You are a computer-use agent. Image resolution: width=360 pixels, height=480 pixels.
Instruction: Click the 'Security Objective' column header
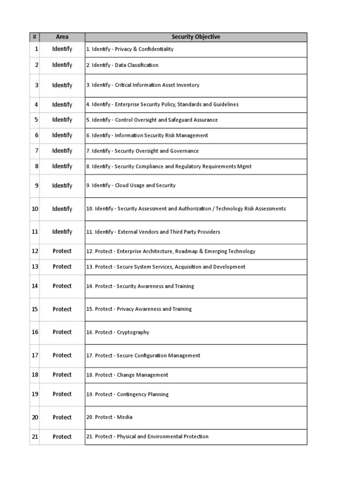click(x=195, y=37)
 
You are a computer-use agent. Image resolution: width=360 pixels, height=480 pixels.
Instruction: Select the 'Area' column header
click(x=62, y=37)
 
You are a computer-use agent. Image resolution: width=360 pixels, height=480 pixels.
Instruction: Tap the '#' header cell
click(x=35, y=37)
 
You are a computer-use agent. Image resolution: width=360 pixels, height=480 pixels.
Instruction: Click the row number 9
click(x=36, y=186)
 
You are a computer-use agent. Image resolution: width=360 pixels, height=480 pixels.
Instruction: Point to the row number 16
click(x=35, y=332)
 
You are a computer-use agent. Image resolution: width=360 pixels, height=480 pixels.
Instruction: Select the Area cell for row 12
click(x=62, y=251)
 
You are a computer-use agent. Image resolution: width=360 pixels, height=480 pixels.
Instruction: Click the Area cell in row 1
click(x=62, y=49)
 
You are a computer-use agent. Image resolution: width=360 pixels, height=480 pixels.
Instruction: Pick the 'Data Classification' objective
click(x=122, y=65)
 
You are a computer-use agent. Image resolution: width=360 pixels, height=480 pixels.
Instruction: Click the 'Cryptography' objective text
click(x=118, y=332)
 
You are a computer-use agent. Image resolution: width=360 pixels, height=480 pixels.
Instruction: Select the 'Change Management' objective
click(x=127, y=375)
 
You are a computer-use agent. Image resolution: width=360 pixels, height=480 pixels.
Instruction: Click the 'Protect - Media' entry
click(x=109, y=417)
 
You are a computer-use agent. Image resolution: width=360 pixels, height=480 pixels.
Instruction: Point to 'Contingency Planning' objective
click(x=127, y=394)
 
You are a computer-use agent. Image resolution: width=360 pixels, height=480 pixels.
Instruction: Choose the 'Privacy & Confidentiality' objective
click(x=130, y=49)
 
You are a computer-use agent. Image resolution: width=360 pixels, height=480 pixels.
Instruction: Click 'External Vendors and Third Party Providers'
click(x=153, y=232)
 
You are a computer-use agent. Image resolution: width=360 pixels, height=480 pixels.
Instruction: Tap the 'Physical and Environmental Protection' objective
click(x=147, y=437)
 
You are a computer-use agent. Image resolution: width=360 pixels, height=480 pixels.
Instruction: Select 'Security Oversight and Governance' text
click(x=142, y=151)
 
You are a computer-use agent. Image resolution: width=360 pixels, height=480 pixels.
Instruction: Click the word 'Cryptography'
click(x=133, y=332)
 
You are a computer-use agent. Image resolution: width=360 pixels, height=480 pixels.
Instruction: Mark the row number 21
click(x=35, y=437)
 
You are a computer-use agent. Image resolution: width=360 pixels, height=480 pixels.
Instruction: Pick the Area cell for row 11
click(x=62, y=232)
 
